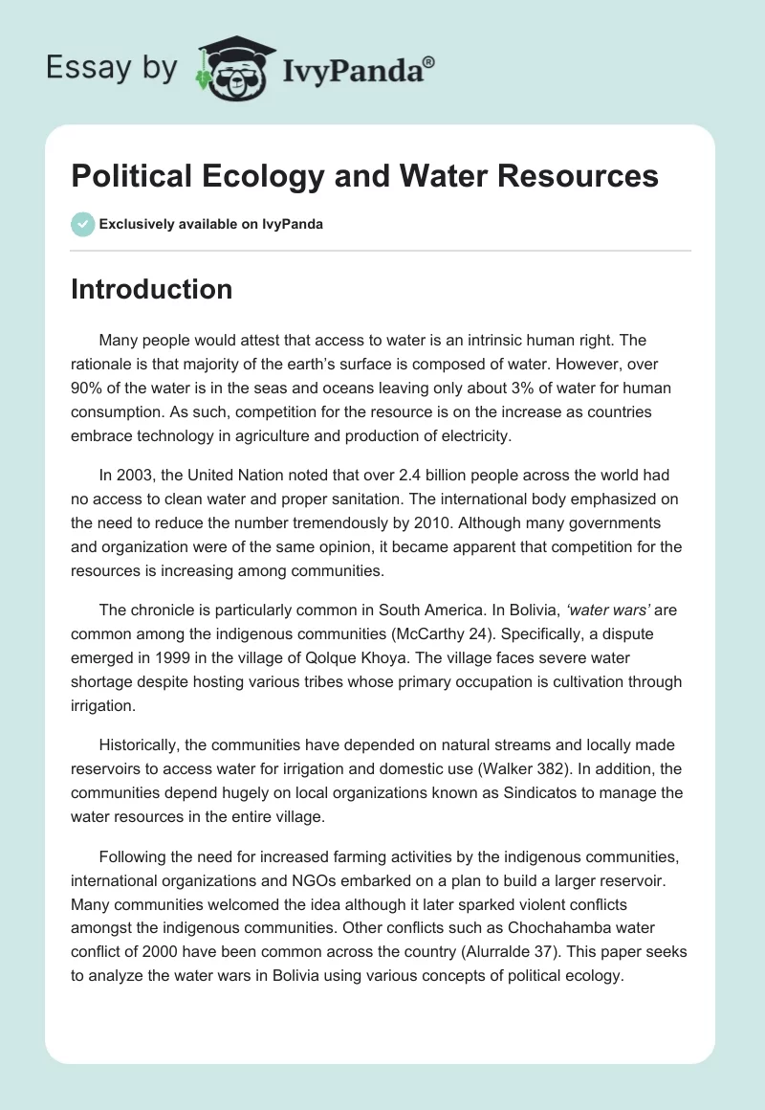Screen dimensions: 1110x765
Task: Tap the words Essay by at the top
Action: [x=112, y=68]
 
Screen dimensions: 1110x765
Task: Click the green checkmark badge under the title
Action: [x=82, y=225]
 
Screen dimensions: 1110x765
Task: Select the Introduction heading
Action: [x=151, y=289]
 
